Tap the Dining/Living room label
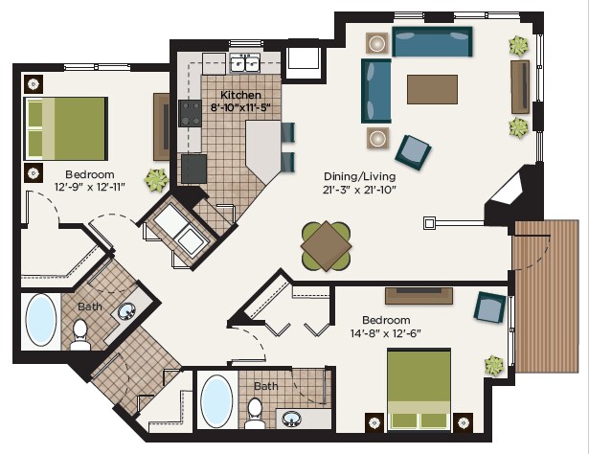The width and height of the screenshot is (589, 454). pos(358,177)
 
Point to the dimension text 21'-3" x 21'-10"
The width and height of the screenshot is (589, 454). pos(358,190)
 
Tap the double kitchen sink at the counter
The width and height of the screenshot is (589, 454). pos(244,64)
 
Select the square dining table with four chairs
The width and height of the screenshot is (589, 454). pos(326,245)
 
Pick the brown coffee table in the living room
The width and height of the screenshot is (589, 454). pos(432,89)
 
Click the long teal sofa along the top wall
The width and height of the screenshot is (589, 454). pos(432,42)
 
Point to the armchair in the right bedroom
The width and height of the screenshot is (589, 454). pos(490,307)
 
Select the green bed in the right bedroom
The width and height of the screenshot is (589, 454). pos(419,391)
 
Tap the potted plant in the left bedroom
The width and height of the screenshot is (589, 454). pos(155,178)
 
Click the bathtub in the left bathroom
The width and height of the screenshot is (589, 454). pos(41,320)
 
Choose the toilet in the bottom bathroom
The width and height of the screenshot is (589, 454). pos(254,412)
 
